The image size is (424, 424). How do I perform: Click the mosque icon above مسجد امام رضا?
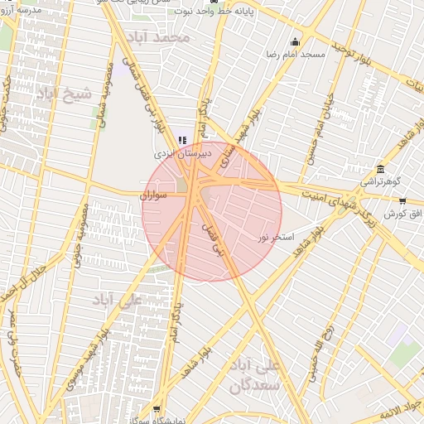(x=295, y=42)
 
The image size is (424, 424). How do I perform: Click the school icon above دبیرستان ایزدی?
(x=183, y=141)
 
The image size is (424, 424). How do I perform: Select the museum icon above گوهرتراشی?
(x=380, y=168)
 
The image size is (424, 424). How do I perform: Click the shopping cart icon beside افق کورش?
(x=402, y=201)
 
